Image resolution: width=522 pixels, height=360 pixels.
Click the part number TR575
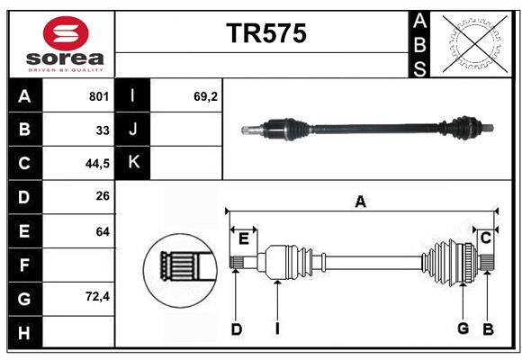(265, 33)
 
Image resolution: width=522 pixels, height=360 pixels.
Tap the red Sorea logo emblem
(66, 34)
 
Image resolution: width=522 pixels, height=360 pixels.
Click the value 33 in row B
(103, 130)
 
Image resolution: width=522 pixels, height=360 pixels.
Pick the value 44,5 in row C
(96, 163)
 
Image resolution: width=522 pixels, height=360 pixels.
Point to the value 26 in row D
(103, 197)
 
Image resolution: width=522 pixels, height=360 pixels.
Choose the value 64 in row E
(103, 231)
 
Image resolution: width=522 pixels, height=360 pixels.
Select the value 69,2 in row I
(206, 96)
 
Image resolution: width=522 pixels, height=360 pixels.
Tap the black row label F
(24, 265)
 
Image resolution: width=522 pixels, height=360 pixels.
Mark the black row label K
(133, 163)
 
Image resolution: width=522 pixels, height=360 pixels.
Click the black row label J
(133, 130)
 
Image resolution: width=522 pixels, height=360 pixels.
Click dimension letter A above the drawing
(360, 202)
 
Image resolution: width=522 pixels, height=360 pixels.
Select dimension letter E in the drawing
(243, 238)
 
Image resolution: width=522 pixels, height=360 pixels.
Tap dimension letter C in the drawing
(485, 238)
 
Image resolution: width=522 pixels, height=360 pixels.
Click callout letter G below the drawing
(463, 328)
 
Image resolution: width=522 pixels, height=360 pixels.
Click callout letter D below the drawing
(236, 328)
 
